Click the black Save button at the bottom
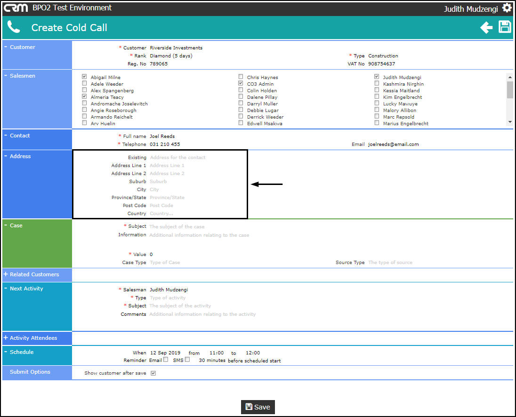point(258,407)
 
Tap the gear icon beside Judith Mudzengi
point(507,8)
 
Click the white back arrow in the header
point(486,28)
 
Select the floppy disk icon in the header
point(505,27)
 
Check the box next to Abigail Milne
point(84,77)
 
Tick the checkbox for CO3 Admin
point(241,83)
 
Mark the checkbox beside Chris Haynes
point(241,77)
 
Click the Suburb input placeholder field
point(158,182)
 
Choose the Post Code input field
point(161,206)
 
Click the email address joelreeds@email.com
point(393,144)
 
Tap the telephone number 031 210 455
point(164,144)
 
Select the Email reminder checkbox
point(165,360)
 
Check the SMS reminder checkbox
point(187,360)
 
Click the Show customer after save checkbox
point(153,373)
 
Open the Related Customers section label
point(34,274)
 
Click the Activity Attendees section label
point(33,338)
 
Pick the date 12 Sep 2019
point(165,353)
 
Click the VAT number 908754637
point(381,64)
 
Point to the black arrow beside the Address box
point(266,184)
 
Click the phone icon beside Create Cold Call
point(14,27)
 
